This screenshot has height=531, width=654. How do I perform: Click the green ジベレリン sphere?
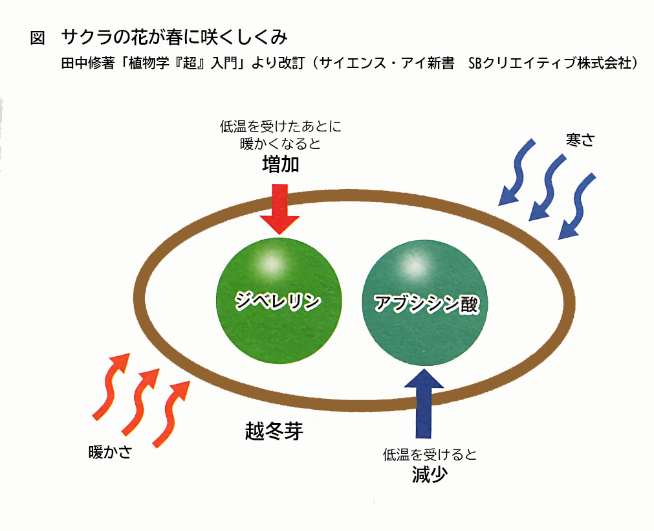(279, 300)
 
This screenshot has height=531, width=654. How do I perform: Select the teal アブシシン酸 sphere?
(424, 303)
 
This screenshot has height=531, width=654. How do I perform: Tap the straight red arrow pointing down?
(279, 209)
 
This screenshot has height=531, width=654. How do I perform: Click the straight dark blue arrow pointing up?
(424, 403)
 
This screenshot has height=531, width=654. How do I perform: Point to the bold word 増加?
(280, 164)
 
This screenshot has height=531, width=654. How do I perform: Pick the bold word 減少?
(430, 475)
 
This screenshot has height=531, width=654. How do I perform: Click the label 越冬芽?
(274, 431)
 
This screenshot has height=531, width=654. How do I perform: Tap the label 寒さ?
(580, 140)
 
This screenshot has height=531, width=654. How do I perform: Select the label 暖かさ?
(111, 452)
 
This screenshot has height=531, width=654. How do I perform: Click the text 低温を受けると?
(430, 455)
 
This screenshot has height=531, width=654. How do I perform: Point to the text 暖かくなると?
(280, 144)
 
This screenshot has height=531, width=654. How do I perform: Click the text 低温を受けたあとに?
(281, 126)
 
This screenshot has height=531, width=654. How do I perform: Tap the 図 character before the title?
(38, 38)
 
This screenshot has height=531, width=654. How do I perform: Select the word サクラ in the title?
(87, 37)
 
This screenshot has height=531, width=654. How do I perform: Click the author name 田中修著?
(87, 63)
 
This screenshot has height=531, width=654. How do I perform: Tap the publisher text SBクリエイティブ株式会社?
(550, 63)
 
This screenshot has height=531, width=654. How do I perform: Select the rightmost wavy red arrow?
(171, 414)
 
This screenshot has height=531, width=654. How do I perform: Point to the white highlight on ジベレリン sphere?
(271, 263)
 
